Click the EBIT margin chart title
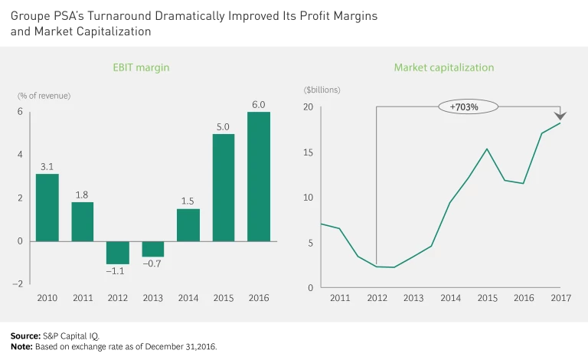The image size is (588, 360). coord(141,67)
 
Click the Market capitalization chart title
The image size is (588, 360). coord(444,67)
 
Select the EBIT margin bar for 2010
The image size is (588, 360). coord(47,208)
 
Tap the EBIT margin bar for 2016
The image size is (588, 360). coord(258,177)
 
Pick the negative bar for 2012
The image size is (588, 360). coord(118,253)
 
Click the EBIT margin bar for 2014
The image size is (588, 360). coord(188,225)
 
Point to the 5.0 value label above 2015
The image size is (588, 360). coord(223,127)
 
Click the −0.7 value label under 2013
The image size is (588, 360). coord(152,264)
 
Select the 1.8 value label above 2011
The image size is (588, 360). coord(83,195)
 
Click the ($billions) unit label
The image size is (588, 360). coord(322,90)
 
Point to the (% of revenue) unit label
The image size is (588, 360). coord(44,96)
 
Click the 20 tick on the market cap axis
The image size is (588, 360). coord(309,107)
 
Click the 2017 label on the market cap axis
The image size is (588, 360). coord(560,298)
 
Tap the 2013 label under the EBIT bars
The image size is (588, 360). coord(152,298)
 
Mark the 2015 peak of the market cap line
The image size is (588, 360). coord(487,149)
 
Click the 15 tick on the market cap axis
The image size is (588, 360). coord(309,152)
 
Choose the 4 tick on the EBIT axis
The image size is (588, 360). coord(21,155)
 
